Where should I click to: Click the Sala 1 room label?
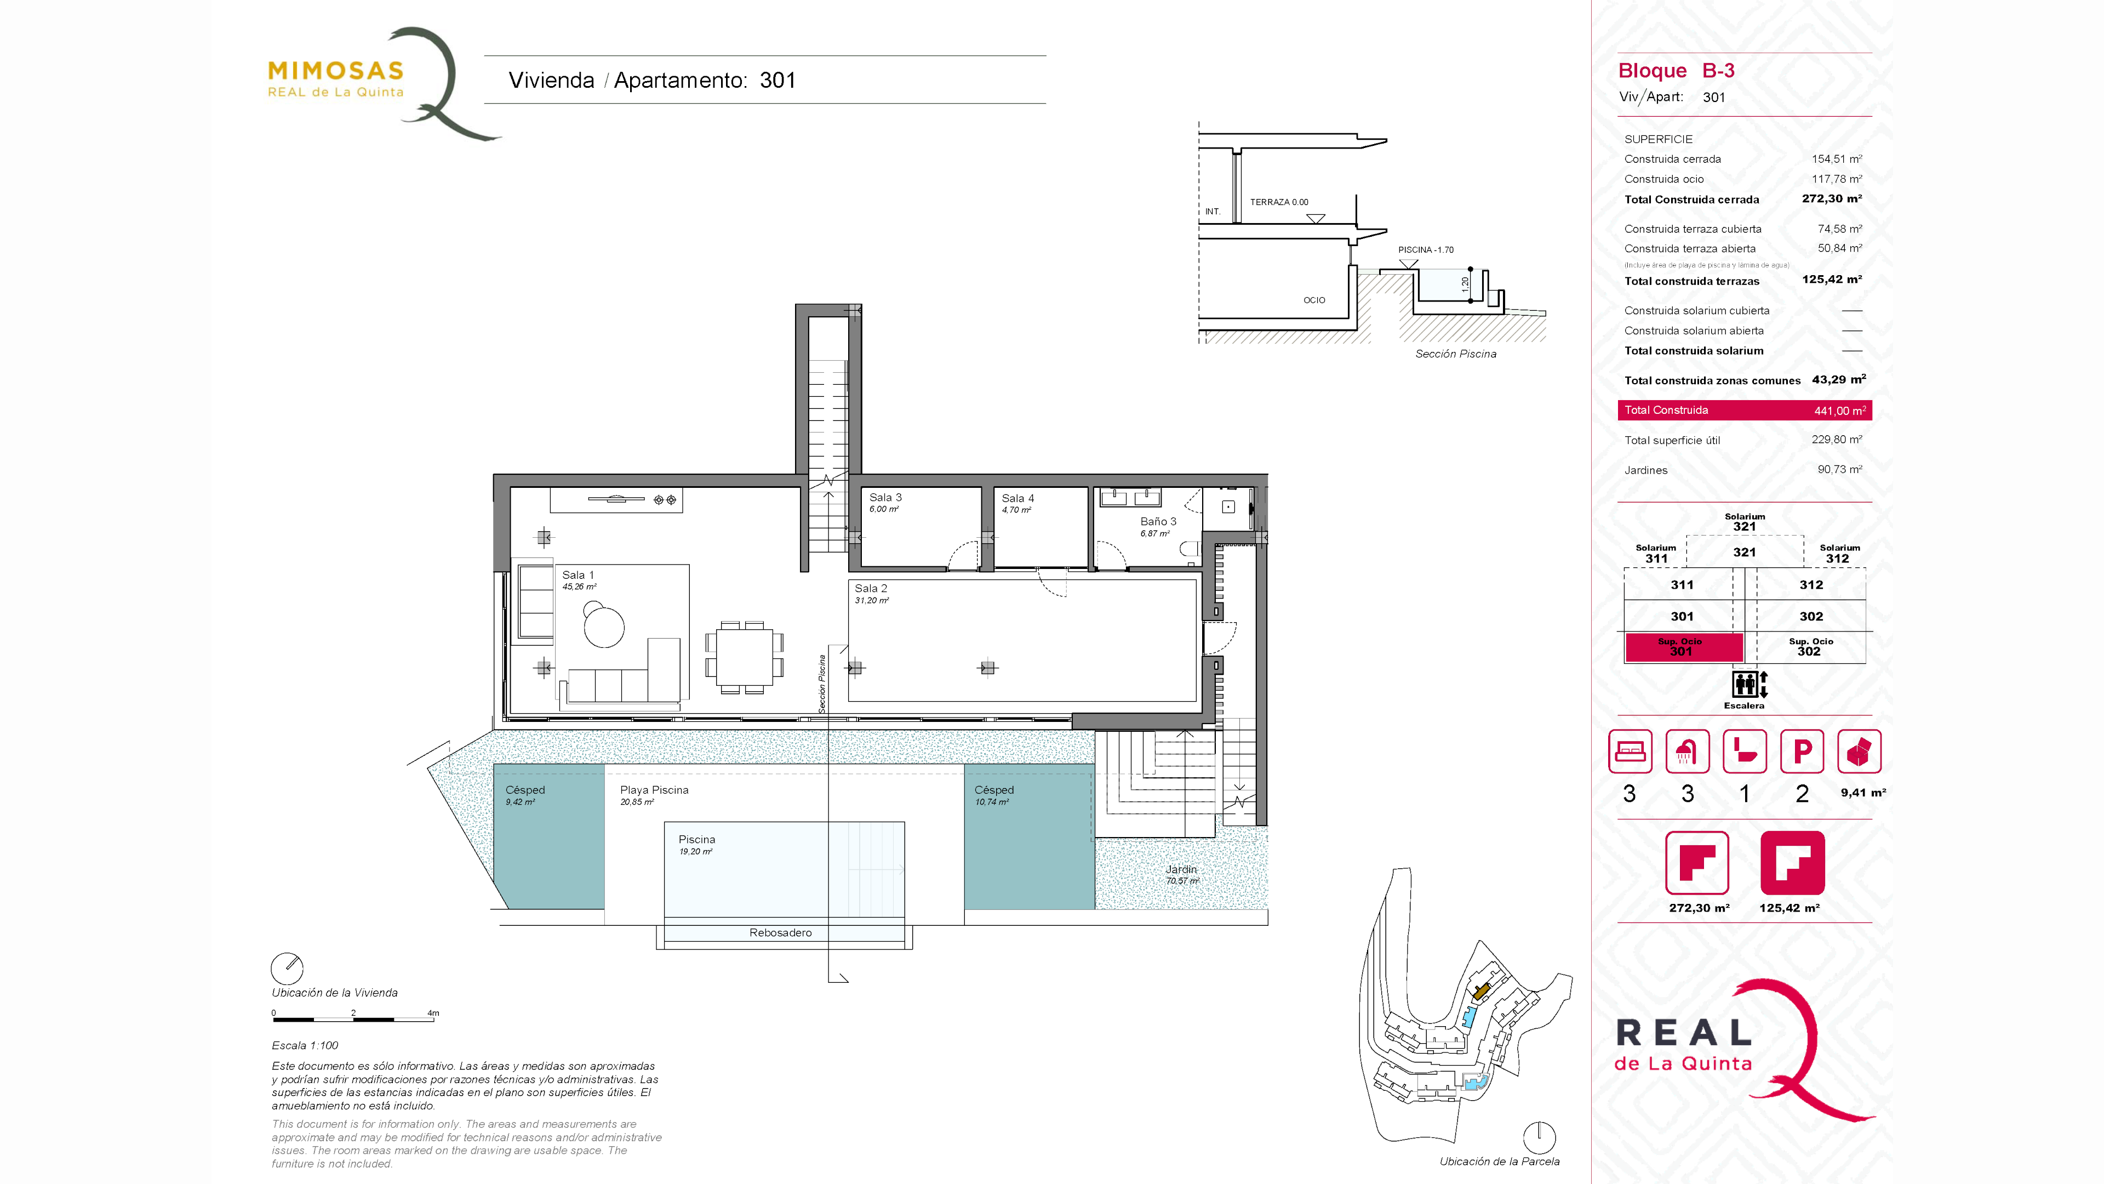(x=578, y=575)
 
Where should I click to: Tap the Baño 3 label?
(x=1158, y=521)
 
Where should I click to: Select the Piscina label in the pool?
(x=697, y=839)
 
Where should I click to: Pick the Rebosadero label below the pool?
(x=780, y=932)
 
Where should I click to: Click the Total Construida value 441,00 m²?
(x=1839, y=410)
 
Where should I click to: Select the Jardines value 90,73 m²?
(x=1839, y=469)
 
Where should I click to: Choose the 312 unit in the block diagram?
(x=1811, y=585)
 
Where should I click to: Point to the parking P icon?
(x=1802, y=751)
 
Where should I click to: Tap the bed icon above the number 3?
(x=1630, y=751)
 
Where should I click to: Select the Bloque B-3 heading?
(x=1676, y=71)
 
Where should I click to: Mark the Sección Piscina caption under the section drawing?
(x=1455, y=354)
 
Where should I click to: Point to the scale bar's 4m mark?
(x=433, y=1013)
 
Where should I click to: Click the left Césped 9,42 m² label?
(x=524, y=795)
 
